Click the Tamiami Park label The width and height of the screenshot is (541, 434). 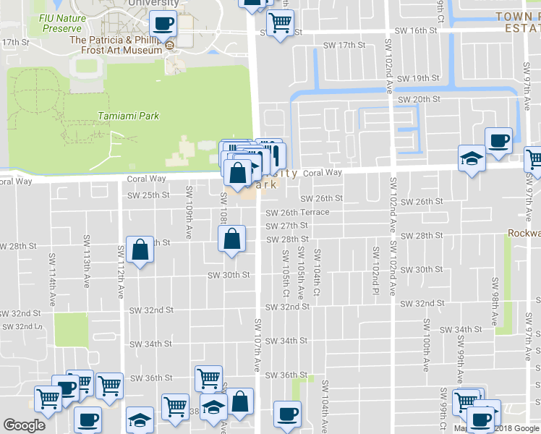tap(128, 116)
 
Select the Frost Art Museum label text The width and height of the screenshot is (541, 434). tap(116, 46)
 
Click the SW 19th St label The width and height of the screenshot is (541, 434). tap(418, 78)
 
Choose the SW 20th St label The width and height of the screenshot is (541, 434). tap(419, 99)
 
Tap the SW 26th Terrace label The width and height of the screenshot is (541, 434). tap(297, 213)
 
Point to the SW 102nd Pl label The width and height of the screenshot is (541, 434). tap(376, 266)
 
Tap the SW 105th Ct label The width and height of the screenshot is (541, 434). tap(285, 268)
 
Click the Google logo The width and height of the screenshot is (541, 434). tap(24, 425)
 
